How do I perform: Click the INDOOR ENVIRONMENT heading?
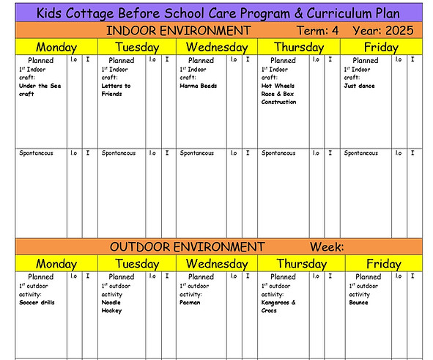pos(178,30)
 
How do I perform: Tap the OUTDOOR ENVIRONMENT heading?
pos(187,246)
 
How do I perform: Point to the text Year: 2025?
pos(382,30)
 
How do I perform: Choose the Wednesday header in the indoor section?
pos(217,46)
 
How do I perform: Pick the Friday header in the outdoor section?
pos(383,263)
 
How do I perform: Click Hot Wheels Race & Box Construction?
pos(279,94)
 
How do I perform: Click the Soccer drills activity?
pos(37,302)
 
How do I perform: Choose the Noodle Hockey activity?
pos(113,306)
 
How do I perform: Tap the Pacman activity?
pos(190,302)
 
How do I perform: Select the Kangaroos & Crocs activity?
pos(278,306)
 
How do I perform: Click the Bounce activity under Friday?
pos(358,302)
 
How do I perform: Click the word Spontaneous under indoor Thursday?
pos(279,153)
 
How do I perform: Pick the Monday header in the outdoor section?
pos(56,263)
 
